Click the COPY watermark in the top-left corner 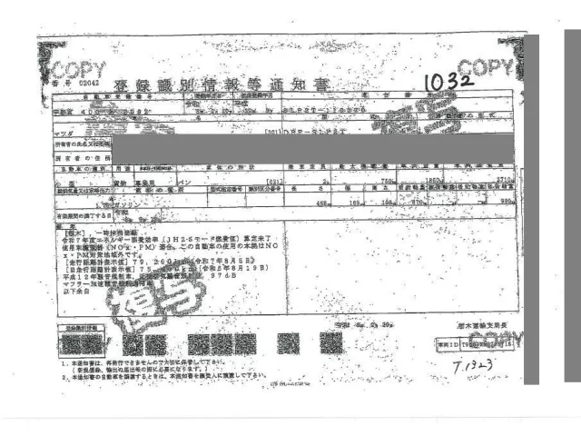(79, 71)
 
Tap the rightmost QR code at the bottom (331, 343)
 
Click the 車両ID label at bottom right (444, 345)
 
